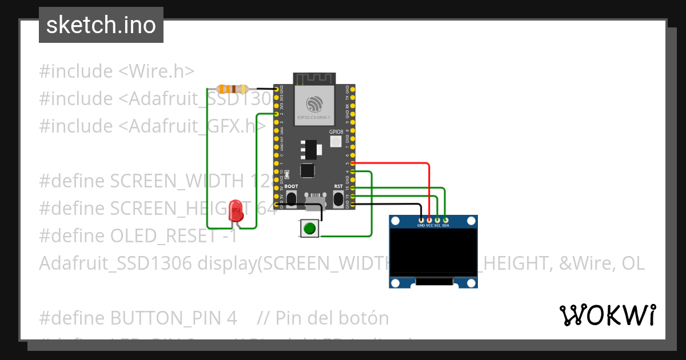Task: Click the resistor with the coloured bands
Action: [x=233, y=89]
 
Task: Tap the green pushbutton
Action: [x=309, y=229]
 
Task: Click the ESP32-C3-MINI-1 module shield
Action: [x=313, y=104]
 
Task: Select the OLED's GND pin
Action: [x=421, y=219]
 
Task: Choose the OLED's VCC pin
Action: [x=429, y=219]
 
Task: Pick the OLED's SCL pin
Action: [x=437, y=219]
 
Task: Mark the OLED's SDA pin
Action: [x=445, y=219]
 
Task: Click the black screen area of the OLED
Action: [x=433, y=252]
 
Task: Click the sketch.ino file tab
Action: [x=101, y=25]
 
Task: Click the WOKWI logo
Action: [x=607, y=315]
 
